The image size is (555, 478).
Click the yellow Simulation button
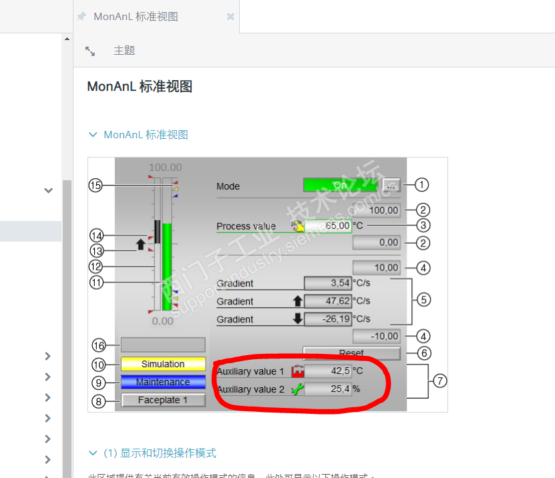(163, 365)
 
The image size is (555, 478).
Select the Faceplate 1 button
(163, 401)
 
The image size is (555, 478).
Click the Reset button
(351, 353)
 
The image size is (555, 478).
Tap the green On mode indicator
(340, 185)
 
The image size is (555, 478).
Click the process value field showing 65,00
(328, 226)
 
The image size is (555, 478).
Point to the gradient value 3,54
(327, 284)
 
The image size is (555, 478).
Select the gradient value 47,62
(327, 301)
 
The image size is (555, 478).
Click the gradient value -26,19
(327, 319)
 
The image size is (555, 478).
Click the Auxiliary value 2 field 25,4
(327, 389)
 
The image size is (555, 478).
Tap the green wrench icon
(297, 389)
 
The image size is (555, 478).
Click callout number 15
(96, 186)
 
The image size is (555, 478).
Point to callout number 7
(439, 381)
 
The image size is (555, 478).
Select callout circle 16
(99, 345)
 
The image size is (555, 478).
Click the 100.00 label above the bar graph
(165, 167)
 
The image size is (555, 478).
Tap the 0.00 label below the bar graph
(162, 321)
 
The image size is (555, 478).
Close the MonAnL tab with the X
(230, 17)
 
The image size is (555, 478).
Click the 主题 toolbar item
(124, 51)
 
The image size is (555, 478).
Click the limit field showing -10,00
(377, 336)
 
